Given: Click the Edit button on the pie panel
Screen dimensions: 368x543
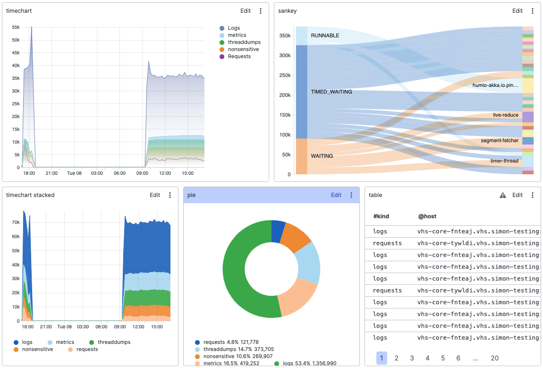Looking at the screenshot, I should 336,195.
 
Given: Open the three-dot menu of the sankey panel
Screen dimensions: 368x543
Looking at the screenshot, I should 533,11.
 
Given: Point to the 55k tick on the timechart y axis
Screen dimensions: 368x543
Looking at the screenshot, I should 15,27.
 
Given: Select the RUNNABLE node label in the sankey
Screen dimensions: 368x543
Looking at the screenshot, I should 325,35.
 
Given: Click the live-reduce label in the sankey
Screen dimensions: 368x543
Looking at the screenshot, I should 506,115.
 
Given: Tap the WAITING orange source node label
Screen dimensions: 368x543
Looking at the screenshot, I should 322,156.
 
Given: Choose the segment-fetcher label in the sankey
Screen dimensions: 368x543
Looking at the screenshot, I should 500,141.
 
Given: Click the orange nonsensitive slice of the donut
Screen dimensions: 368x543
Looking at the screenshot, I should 295,239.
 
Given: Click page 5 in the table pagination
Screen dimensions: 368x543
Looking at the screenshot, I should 443,358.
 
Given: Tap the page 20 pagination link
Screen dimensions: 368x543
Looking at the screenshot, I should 494,358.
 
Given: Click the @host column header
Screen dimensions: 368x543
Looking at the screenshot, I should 427,216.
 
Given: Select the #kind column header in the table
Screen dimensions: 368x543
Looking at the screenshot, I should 381,216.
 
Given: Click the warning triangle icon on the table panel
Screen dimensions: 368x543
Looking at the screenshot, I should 503,195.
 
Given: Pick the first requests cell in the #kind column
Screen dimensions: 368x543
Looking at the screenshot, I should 387,243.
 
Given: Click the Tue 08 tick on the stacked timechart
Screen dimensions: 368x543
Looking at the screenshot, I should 63,326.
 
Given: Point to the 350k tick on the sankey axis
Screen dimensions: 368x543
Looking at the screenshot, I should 284,36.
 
